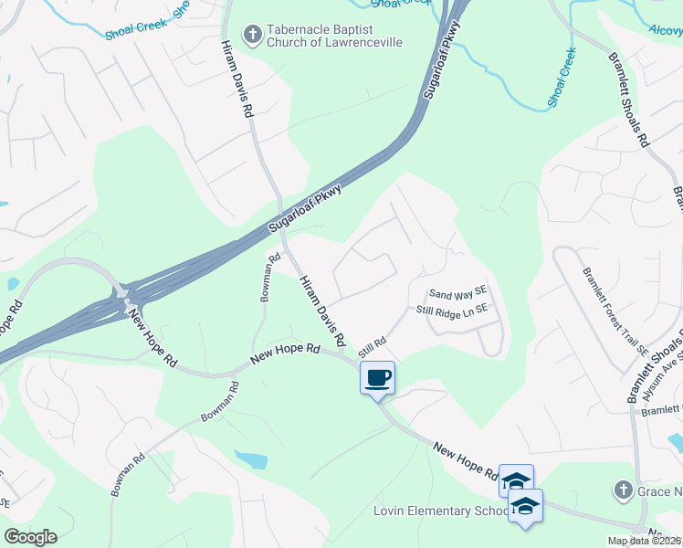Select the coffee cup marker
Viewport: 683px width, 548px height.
pyautogui.click(x=377, y=377)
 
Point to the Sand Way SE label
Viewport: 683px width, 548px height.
pyautogui.click(x=459, y=293)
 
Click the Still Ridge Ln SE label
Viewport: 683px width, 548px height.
pyautogui.click(x=453, y=311)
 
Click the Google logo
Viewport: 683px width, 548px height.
pyautogui.click(x=30, y=537)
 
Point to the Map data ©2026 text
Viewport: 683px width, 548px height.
pyautogui.click(x=644, y=541)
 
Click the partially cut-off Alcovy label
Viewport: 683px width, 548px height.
pyautogui.click(x=665, y=29)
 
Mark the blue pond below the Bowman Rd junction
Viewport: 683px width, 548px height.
pyautogui.click(x=250, y=458)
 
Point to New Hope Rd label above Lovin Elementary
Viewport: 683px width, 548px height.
pyautogui.click(x=466, y=460)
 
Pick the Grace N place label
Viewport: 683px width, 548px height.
pyautogui.click(x=658, y=490)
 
